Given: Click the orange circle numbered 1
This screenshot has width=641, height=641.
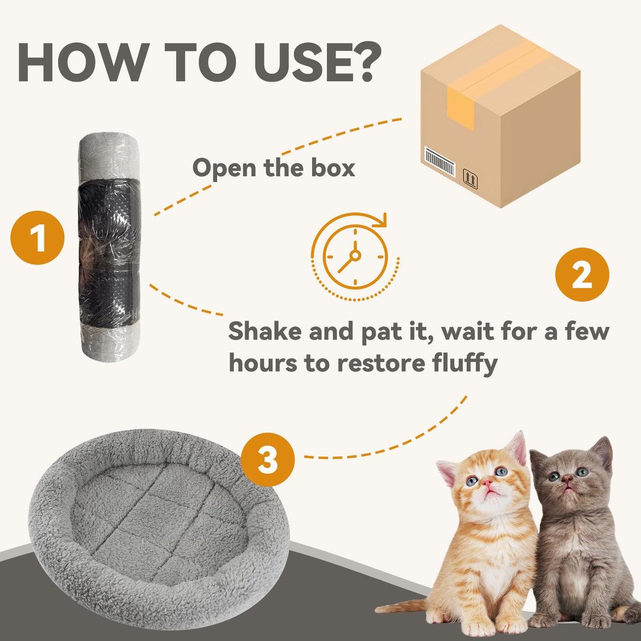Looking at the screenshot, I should (x=37, y=238).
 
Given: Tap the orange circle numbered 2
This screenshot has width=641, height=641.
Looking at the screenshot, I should (x=582, y=275).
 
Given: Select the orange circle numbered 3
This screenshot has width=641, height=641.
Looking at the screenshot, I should (x=268, y=460).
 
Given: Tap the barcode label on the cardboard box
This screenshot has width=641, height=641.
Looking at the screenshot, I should (x=440, y=161).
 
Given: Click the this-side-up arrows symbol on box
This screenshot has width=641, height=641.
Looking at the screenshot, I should (x=469, y=178).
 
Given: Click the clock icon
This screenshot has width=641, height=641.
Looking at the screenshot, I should (x=355, y=257).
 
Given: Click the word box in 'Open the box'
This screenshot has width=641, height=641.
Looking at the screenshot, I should (x=333, y=168).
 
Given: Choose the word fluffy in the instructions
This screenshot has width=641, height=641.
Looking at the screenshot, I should (x=465, y=363).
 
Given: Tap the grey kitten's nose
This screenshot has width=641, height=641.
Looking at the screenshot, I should (x=567, y=479).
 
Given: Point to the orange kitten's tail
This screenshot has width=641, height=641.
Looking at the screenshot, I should (x=401, y=607).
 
